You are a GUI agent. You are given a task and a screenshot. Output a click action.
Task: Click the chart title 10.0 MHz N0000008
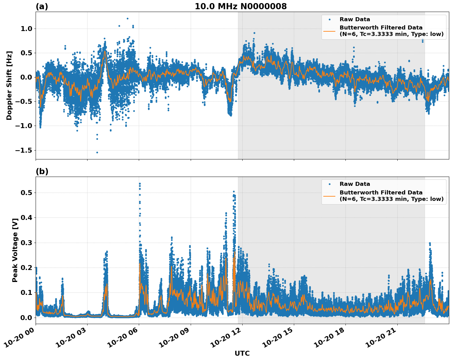[241, 6]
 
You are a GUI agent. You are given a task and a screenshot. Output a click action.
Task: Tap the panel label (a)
[42, 6]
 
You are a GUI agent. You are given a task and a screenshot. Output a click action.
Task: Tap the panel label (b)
[42, 171]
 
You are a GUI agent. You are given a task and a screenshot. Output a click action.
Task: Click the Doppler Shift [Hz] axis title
[9, 85]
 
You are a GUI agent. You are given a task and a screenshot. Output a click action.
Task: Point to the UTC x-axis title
[242, 353]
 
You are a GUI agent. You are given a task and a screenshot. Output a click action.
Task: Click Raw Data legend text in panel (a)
[355, 19]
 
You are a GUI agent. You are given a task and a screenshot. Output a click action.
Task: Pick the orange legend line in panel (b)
[329, 196]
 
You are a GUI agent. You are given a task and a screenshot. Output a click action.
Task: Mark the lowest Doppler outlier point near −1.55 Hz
[97, 152]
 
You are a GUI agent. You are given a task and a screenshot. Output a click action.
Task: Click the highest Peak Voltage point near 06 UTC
[140, 184]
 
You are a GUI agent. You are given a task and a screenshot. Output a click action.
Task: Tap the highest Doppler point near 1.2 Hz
[127, 18]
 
